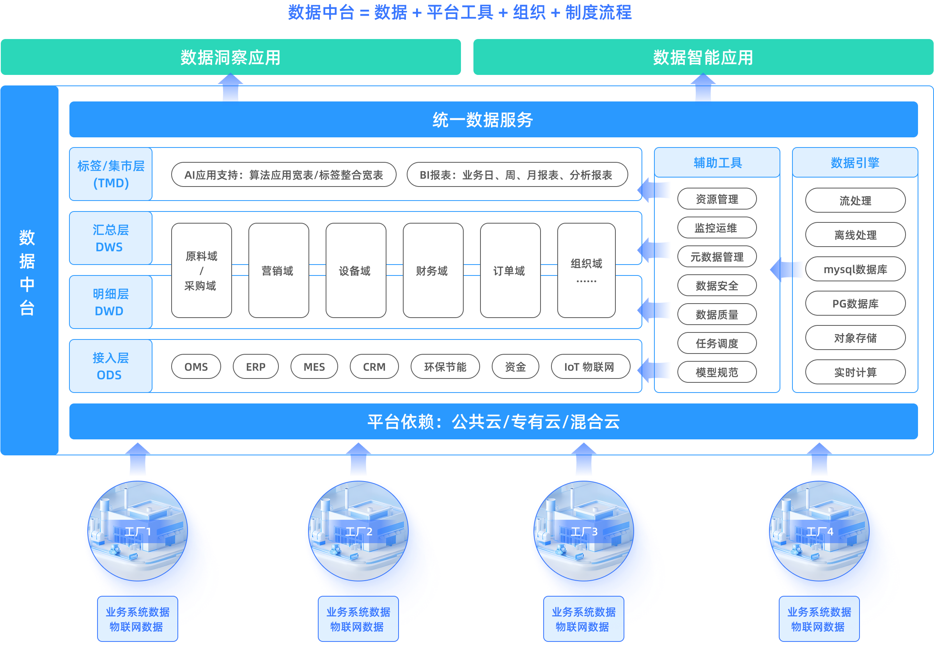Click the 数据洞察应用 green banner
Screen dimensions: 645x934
(x=230, y=57)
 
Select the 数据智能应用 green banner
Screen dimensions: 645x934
(x=703, y=57)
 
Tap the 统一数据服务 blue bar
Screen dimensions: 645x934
(x=493, y=120)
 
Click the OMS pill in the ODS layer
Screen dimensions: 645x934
(x=196, y=366)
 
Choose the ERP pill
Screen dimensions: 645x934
(x=255, y=366)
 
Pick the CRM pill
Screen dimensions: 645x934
(x=374, y=366)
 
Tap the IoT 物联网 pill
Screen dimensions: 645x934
(x=590, y=366)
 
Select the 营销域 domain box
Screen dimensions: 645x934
(x=278, y=270)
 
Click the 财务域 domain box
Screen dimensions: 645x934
(x=432, y=270)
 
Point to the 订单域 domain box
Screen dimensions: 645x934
(x=510, y=270)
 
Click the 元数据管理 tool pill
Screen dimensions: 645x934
(x=717, y=257)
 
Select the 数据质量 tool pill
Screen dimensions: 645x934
(x=717, y=315)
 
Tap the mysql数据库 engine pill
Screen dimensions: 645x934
(x=855, y=269)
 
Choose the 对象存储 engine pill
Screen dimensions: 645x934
(x=855, y=338)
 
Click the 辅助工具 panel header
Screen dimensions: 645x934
(x=717, y=162)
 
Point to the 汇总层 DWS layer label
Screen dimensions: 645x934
(x=110, y=238)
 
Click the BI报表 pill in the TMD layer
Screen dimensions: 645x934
(x=517, y=174)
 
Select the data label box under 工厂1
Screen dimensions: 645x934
(x=137, y=619)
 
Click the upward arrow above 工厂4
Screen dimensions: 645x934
(x=819, y=460)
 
